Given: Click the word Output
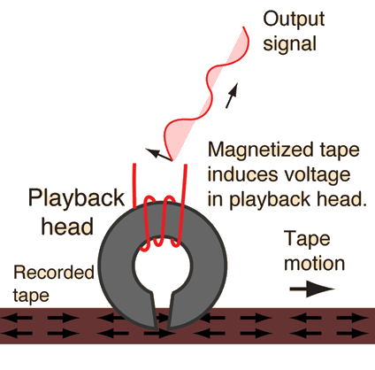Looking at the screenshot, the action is coord(294,19).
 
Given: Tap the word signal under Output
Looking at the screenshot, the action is coord(289,44).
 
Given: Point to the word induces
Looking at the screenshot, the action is coord(243,174).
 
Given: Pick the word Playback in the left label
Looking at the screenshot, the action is coord(76,198).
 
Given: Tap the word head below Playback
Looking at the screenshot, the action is coord(67,227).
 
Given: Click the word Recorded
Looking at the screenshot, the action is coord(54,272).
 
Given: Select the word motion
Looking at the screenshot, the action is coord(314,264).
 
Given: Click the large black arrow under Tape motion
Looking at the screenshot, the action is coord(312,289).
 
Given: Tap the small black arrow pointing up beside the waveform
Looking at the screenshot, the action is coord(232,96).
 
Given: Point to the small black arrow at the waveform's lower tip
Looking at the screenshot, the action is coord(159,155).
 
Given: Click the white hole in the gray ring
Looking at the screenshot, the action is coord(162,265).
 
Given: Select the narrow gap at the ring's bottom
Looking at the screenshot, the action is coord(162,310).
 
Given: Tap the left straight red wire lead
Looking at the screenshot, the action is coord(134,186).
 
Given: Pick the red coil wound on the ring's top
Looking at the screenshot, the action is coord(160,223).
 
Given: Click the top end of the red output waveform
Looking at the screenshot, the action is coord(243,27).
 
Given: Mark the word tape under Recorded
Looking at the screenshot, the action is coord(31,296).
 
